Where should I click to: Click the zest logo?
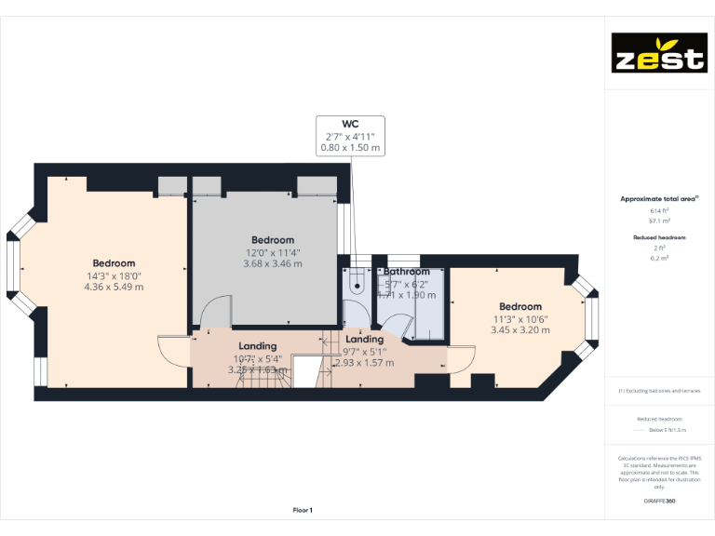(657, 53)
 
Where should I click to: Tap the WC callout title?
(351, 123)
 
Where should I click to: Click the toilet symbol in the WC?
(356, 280)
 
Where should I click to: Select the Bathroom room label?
(407, 272)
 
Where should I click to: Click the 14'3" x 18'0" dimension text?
(114, 275)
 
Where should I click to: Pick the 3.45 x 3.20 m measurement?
(519, 329)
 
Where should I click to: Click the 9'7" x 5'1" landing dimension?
(364, 352)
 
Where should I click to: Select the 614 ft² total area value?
(659, 211)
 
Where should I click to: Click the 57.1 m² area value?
(659, 221)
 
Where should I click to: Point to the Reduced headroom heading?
(659, 238)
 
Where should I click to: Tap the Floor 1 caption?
(303, 510)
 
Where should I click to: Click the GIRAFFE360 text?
(659, 502)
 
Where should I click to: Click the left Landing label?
(258, 346)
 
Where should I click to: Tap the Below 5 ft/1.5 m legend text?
(668, 430)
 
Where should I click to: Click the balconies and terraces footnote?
(659, 391)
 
